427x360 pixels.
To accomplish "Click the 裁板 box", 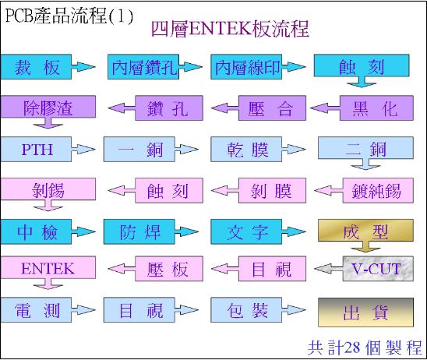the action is (36, 67).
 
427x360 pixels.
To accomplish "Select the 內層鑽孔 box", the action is (143, 67).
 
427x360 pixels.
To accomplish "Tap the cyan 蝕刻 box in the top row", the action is (362, 65).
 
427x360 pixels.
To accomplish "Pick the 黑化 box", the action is (376, 108).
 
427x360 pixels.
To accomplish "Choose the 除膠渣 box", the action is (48, 107).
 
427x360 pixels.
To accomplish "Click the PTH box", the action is (36, 150).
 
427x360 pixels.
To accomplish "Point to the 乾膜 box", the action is (246, 150).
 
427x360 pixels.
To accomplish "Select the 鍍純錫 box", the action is (378, 191).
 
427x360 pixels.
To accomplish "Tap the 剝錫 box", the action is (48, 189).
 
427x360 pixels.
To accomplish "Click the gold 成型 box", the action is (365, 231).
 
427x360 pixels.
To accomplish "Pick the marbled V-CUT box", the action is (378, 269).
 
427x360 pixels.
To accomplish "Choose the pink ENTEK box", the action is (48, 267).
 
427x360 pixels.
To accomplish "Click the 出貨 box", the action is (365, 312).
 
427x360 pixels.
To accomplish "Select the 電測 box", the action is (36, 310).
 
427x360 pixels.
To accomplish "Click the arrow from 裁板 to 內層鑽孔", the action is (83, 67).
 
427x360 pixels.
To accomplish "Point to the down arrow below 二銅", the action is (365, 164).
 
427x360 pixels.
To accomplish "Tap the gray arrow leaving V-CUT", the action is (328, 269).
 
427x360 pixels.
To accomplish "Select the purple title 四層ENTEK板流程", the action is (230, 29).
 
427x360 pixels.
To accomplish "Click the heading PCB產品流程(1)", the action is (69, 16).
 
